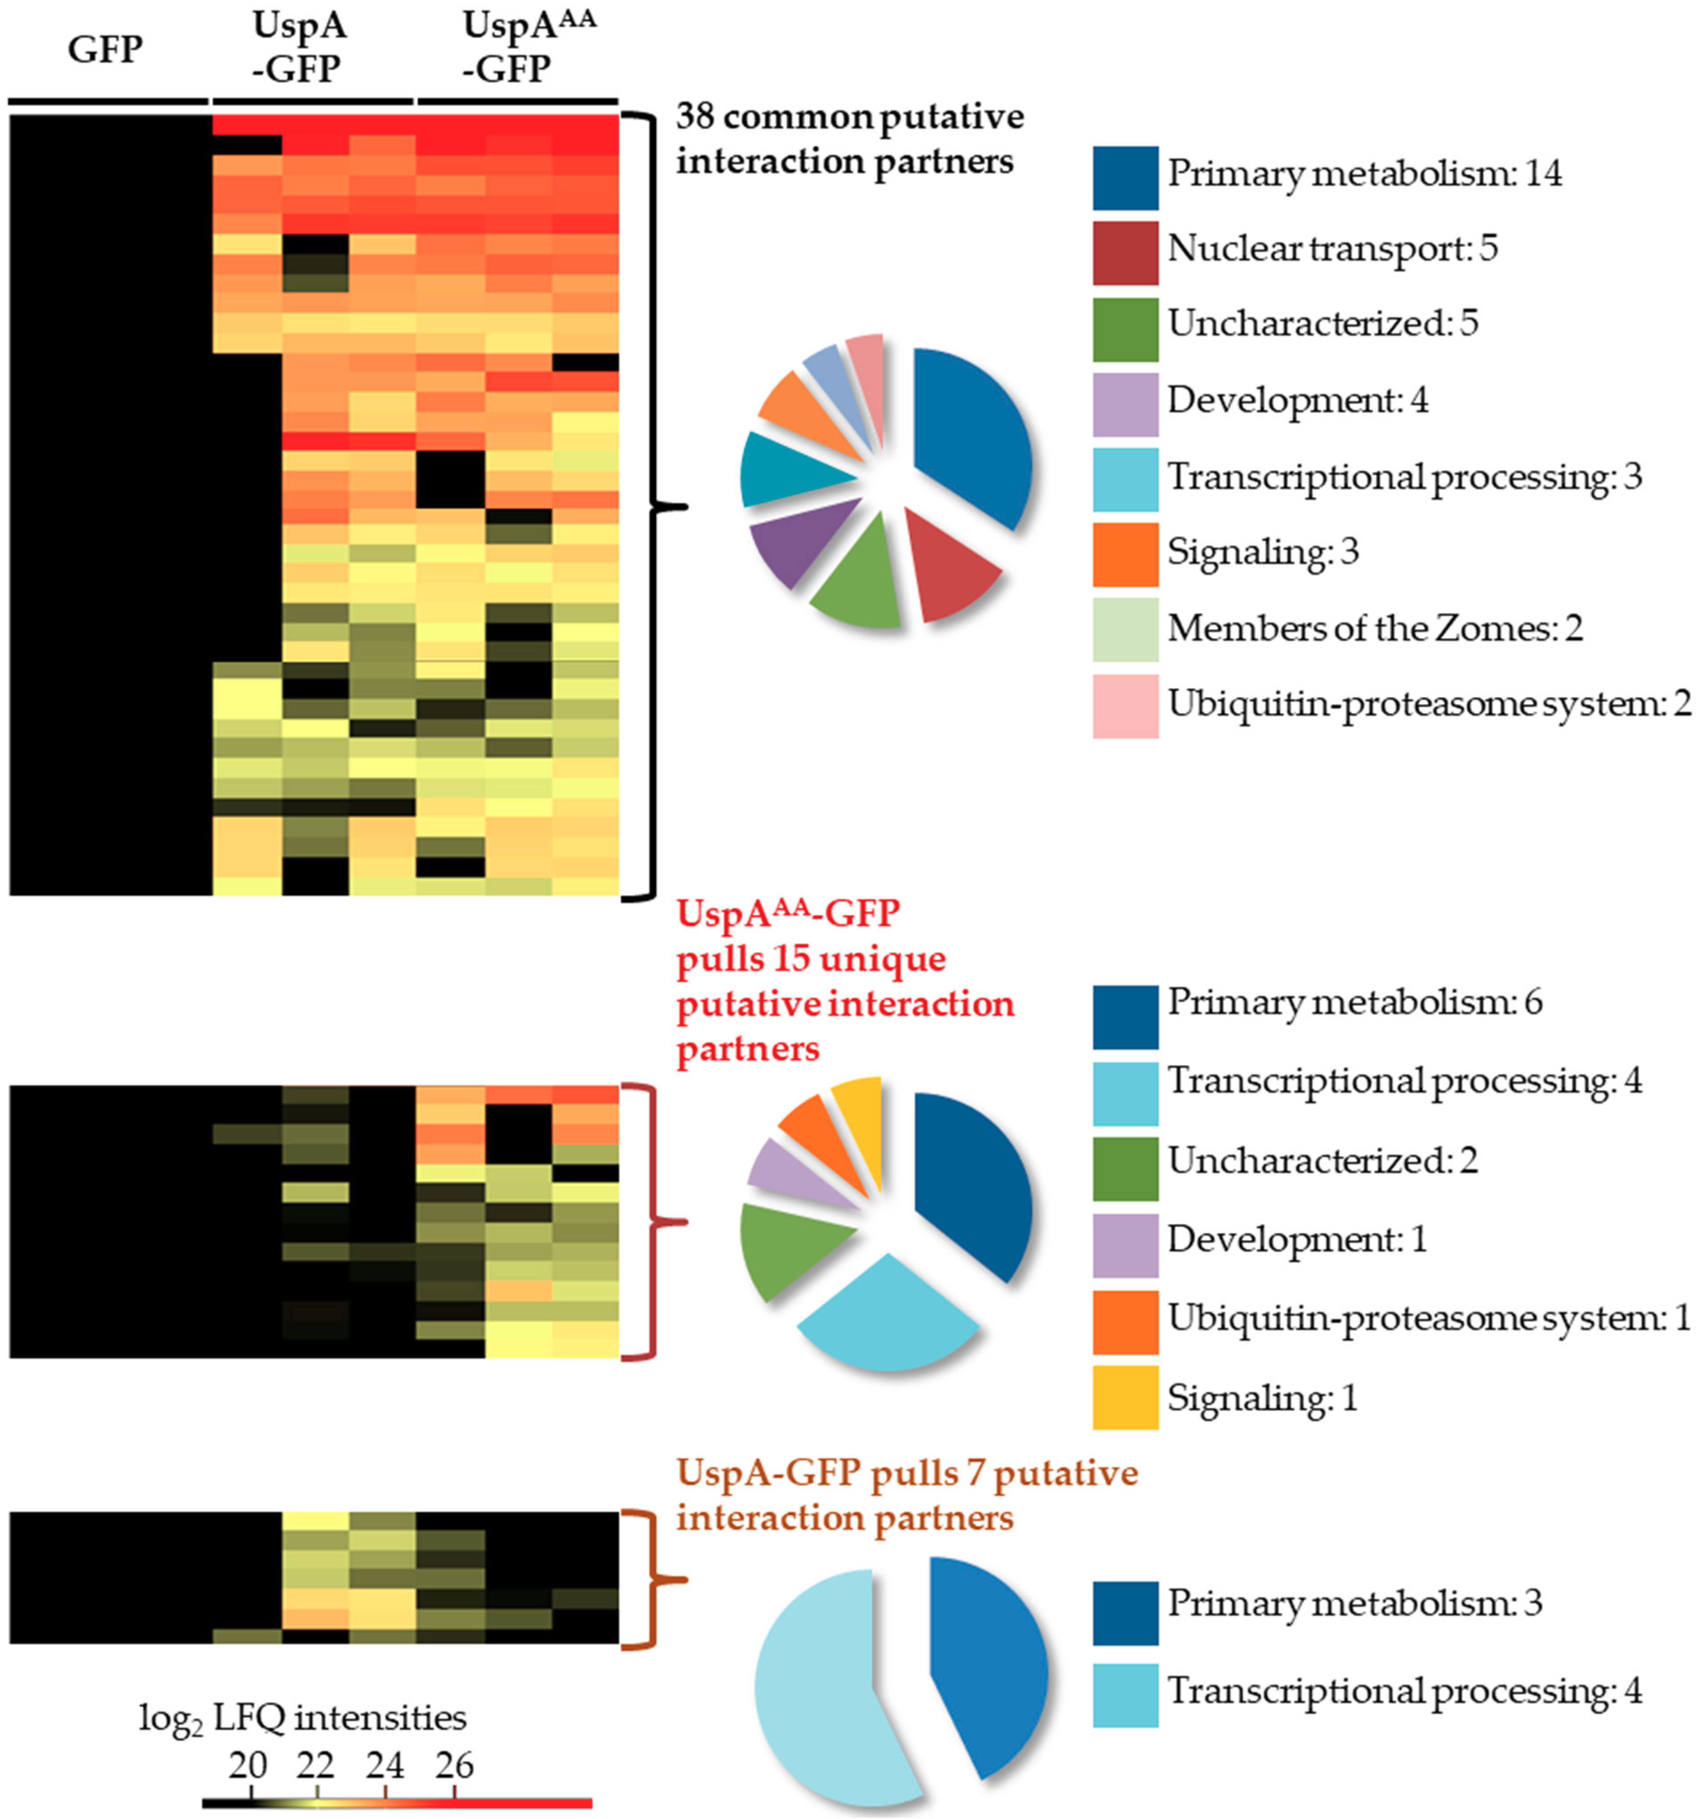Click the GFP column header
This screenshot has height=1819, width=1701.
pos(105,49)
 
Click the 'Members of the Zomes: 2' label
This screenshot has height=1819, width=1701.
pos(1374,629)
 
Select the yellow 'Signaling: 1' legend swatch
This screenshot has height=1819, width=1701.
pos(1124,1397)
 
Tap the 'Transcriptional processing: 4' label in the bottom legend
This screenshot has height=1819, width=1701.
pos(1404,1690)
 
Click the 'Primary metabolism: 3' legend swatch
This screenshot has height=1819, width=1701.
pos(1124,1613)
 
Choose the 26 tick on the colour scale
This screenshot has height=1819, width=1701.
pos(455,1765)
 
